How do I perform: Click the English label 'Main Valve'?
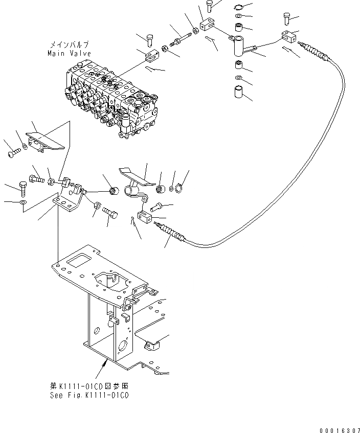(69, 53)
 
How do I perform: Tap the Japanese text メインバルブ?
(70, 45)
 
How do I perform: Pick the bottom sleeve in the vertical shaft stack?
(239, 95)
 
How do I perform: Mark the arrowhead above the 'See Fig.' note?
(106, 364)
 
